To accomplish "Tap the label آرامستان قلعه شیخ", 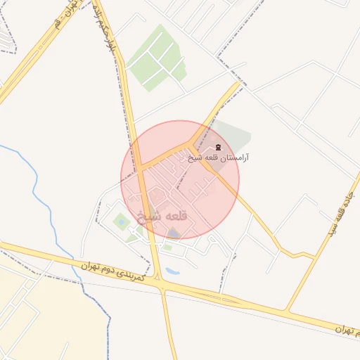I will (x=219, y=158).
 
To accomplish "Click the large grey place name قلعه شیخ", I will (x=162, y=217).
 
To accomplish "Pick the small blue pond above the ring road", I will (x=174, y=269).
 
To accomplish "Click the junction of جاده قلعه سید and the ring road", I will (x=285, y=310).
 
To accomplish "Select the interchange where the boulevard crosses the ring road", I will (x=162, y=285).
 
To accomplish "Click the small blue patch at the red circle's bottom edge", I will (x=174, y=235).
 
